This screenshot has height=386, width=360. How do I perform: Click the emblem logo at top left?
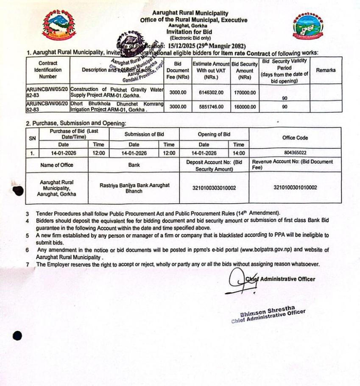click(59, 26)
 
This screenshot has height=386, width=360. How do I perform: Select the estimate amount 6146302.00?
click(210, 92)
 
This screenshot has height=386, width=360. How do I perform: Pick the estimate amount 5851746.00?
click(210, 107)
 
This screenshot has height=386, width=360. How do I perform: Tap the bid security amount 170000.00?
click(245, 92)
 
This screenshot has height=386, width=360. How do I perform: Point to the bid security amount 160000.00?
click(245, 107)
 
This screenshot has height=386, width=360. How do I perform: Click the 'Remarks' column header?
click(326, 70)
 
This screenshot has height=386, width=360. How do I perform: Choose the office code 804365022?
click(295, 153)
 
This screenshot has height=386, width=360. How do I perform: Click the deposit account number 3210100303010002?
click(214, 187)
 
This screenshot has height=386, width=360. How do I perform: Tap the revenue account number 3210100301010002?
click(295, 187)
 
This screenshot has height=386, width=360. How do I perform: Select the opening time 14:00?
click(238, 153)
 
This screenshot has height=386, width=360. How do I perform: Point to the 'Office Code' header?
click(295, 138)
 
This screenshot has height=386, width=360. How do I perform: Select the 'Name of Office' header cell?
click(56, 165)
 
